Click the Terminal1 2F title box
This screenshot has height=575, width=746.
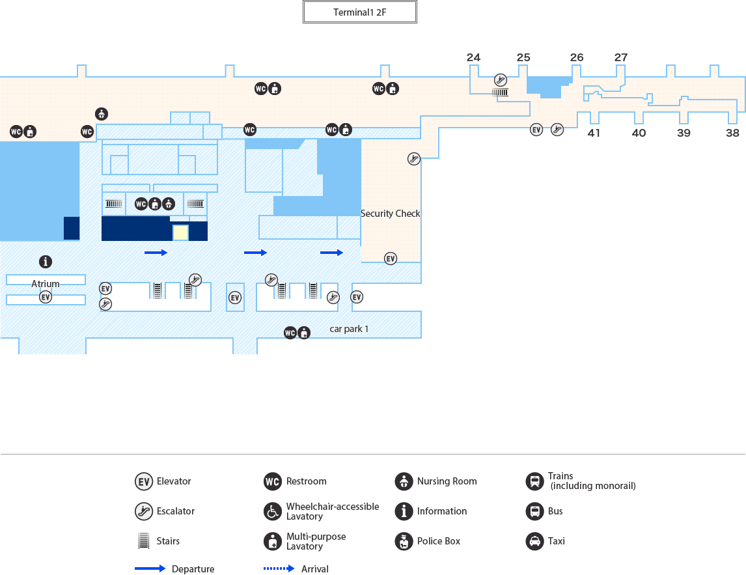[359, 12]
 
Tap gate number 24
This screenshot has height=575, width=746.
[473, 57]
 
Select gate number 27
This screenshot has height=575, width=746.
[621, 57]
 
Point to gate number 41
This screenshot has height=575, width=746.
[594, 133]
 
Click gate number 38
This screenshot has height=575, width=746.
[733, 133]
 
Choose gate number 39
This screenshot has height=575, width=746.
[684, 133]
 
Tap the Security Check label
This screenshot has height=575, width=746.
[390, 214]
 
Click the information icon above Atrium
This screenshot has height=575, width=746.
[46, 262]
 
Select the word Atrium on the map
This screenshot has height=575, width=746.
[46, 284]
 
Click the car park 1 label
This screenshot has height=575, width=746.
[349, 329]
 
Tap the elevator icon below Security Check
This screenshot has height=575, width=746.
[391, 259]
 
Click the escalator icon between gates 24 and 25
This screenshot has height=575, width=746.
[500, 80]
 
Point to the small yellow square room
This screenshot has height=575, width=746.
[180, 232]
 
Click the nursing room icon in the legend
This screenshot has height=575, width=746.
[404, 482]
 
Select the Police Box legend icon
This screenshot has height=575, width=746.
[404, 541]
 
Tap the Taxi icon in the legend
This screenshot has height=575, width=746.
[534, 541]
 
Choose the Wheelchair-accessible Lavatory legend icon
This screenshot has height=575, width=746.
[272, 512]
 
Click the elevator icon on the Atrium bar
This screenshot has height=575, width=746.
[46, 298]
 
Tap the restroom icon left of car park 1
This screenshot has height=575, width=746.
[290, 333]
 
